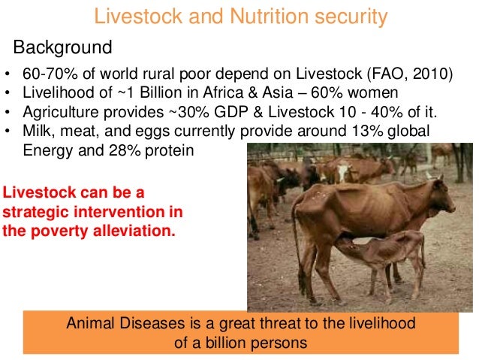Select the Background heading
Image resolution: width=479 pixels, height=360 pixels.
point(63,49)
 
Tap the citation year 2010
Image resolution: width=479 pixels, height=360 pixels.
point(438,76)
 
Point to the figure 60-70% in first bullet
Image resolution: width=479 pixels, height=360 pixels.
point(50,76)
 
